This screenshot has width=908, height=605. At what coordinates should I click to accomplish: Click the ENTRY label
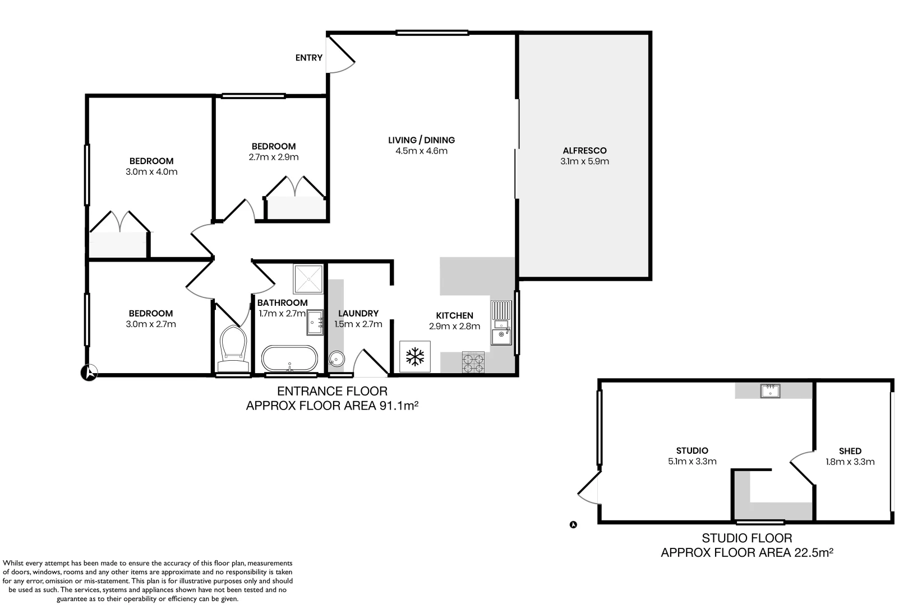pyautogui.click(x=309, y=58)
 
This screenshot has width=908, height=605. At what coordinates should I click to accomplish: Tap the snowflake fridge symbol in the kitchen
pyautogui.click(x=415, y=356)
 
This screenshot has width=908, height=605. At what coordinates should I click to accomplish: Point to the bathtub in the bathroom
pyautogui.click(x=289, y=359)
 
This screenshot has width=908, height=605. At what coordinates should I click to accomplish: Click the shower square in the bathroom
pyautogui.click(x=308, y=278)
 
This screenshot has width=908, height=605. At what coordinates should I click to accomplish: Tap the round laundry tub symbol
pyautogui.click(x=337, y=357)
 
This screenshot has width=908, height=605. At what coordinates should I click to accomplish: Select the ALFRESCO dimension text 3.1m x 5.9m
pyautogui.click(x=584, y=161)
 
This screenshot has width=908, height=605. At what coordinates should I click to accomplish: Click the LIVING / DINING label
pyautogui.click(x=421, y=140)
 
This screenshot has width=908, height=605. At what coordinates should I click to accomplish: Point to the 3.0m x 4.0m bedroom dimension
pyautogui.click(x=151, y=172)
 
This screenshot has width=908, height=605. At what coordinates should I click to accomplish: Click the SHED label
pyautogui.click(x=850, y=451)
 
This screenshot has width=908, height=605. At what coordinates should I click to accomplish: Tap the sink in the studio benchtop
pyautogui.click(x=770, y=390)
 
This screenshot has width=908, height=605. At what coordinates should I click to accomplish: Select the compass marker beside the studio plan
pyautogui.click(x=573, y=525)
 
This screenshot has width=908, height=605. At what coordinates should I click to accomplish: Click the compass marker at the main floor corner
pyautogui.click(x=89, y=373)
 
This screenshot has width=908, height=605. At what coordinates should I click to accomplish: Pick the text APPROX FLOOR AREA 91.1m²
pyautogui.click(x=333, y=406)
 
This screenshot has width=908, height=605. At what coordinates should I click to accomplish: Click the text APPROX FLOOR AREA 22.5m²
pyautogui.click(x=746, y=553)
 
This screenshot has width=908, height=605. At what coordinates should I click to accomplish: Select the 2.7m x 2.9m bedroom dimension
pyautogui.click(x=273, y=157)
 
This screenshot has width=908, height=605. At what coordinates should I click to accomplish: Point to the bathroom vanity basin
pyautogui.click(x=315, y=322)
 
